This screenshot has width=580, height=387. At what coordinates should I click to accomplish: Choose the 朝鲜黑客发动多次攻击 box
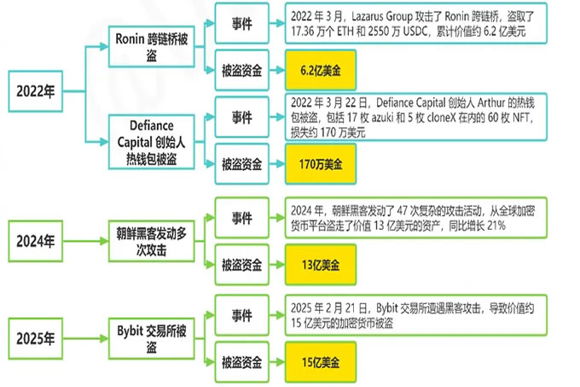pos(153,238)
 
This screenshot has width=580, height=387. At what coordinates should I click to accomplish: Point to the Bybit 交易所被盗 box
pos(153,336)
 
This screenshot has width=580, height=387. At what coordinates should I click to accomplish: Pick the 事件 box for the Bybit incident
pos(241,314)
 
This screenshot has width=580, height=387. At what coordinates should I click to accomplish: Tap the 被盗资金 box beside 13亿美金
pos(241,261)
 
